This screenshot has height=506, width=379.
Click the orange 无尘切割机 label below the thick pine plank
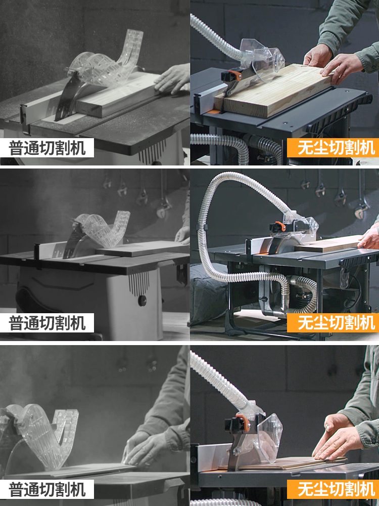pyautogui.click(x=333, y=148)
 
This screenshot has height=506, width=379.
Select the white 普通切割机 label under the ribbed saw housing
pyautogui.click(x=47, y=323)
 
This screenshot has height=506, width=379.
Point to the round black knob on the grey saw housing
pyautogui.click(x=142, y=301)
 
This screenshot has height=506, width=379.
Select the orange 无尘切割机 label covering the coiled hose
pyautogui.click(x=333, y=323)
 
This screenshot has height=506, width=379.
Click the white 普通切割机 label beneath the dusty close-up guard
pyautogui.click(x=47, y=489)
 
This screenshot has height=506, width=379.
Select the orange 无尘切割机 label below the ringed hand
pyautogui.click(x=333, y=489)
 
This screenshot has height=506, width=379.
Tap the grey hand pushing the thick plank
pyautogui.click(x=172, y=79)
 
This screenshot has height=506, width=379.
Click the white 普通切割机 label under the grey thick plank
pyautogui.click(x=47, y=148)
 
